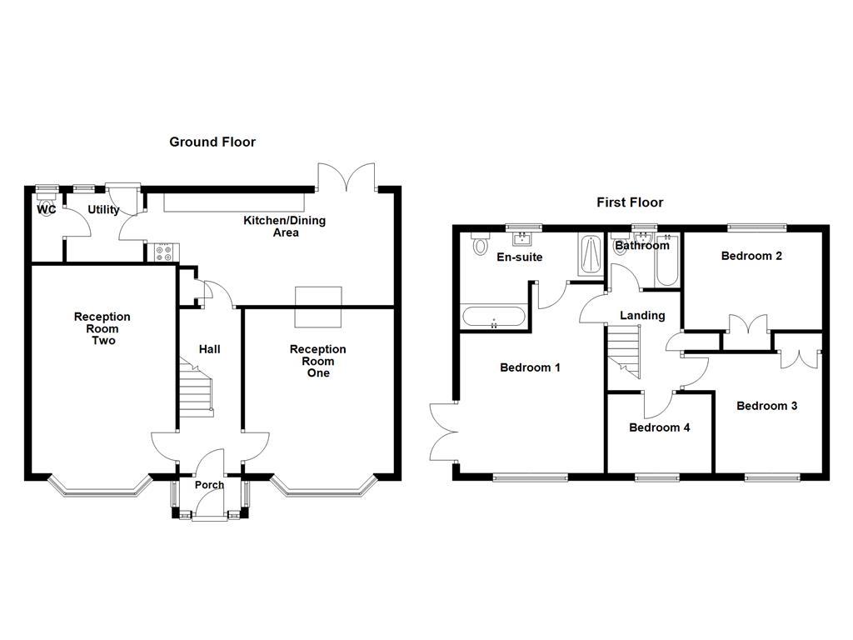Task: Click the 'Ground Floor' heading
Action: pos(212,142)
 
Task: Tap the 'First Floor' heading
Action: pos(630,202)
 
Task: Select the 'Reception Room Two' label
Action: pos(102,328)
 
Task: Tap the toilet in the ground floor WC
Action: pos(45,201)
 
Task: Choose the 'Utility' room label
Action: pos(103,210)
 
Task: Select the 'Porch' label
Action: pos(209,485)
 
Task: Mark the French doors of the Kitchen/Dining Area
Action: pos(347,176)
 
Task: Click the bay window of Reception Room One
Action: pos(323,489)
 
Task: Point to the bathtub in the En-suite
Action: pos(494,317)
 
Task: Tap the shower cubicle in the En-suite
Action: pos(589,254)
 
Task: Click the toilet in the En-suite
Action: pos(479,244)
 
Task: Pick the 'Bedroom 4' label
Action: pos(659,427)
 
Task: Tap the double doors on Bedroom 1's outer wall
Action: pos(442,431)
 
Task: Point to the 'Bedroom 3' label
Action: pos(766,406)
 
